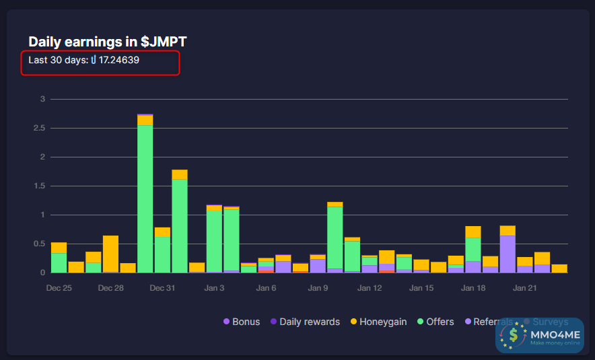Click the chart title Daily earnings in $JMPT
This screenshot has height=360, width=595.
point(108,42)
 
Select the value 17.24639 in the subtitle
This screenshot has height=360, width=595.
point(119,61)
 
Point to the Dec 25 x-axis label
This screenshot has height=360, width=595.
point(59,288)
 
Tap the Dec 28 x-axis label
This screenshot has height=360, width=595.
point(110,288)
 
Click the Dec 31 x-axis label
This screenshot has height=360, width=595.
point(162,288)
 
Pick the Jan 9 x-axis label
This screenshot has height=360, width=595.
point(318,288)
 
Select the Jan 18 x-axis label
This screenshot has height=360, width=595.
point(473,288)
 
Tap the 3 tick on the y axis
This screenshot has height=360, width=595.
point(42,99)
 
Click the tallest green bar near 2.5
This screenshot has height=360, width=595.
point(145,199)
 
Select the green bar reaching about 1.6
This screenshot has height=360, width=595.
point(180,225)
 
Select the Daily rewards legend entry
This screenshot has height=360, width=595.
point(305,322)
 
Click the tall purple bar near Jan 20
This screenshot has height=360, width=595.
point(508,254)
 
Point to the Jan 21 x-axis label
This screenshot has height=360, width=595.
point(525,288)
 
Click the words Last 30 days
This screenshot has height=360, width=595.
point(58,61)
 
